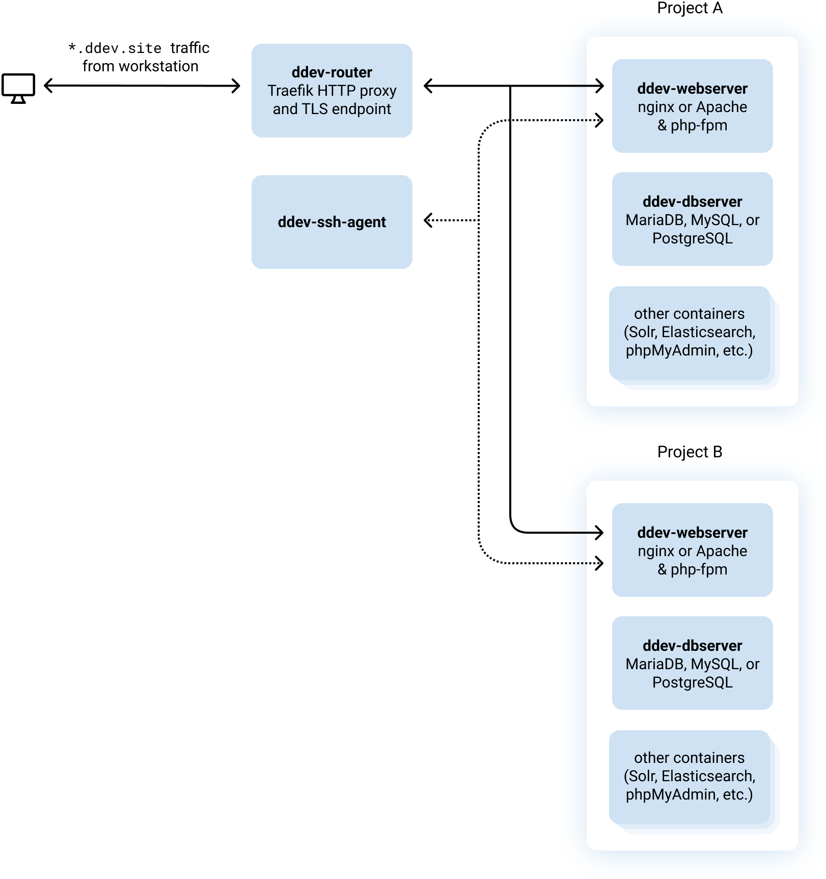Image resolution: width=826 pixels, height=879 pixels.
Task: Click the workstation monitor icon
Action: [18, 88]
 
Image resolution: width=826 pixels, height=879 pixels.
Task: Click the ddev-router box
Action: [332, 91]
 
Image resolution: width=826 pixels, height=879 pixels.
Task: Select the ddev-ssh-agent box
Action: [332, 222]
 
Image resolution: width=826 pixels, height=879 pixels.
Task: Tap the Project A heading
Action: [690, 8]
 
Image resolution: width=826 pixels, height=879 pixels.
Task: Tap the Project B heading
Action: [690, 452]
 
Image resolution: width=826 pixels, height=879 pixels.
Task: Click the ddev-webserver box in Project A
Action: [692, 106]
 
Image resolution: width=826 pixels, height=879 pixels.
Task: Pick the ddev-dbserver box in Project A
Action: [692, 219]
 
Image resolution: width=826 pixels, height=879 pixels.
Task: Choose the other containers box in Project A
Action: [690, 333]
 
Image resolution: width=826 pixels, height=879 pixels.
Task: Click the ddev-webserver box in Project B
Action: [692, 550]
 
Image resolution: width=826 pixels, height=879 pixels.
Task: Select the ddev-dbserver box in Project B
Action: [692, 663]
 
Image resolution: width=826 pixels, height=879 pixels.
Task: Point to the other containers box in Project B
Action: [690, 777]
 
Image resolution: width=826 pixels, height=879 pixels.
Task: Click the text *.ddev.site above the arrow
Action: [115, 48]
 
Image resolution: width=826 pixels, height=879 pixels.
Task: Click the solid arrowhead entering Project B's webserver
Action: [600, 533]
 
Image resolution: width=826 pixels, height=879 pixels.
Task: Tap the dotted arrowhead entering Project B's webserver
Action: [600, 563]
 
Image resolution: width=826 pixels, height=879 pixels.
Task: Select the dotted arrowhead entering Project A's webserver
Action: [600, 120]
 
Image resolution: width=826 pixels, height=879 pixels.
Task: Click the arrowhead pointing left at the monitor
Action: [48, 86]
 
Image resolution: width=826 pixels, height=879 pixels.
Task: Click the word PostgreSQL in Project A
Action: [692, 238]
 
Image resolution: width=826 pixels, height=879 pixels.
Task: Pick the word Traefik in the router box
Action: [290, 91]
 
